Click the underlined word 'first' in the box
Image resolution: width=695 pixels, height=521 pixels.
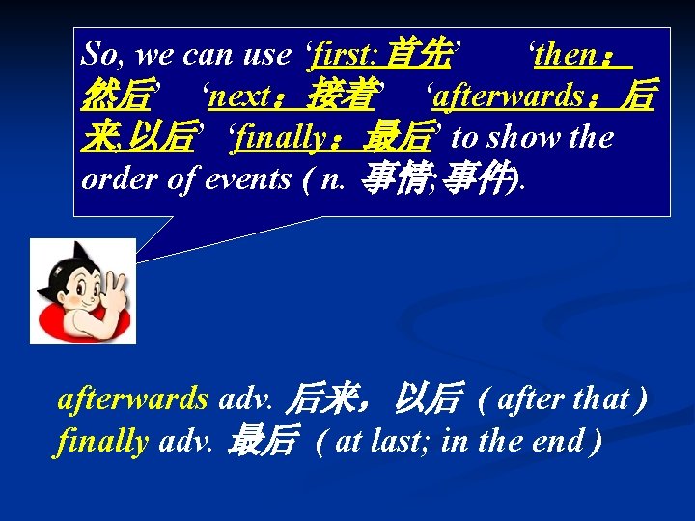(344, 55)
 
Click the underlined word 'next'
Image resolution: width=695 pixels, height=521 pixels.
(239, 96)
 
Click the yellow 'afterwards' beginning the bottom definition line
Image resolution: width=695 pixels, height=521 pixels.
(132, 398)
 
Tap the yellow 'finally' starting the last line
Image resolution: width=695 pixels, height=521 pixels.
(102, 441)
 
